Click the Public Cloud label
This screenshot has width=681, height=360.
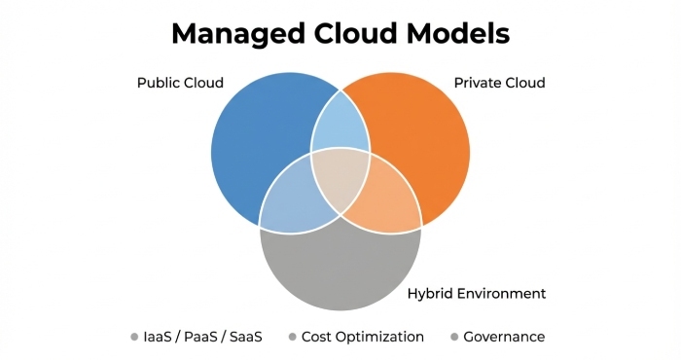tap(180, 83)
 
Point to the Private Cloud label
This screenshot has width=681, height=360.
tap(499, 83)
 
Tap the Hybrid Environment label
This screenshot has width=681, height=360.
tap(476, 293)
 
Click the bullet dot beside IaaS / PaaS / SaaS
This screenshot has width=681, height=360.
tap(134, 338)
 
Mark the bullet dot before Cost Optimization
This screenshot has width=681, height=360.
tap(292, 338)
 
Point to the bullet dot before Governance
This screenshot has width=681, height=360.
tap(453, 338)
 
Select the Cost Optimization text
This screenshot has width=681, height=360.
tap(363, 338)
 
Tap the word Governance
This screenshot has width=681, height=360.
tap(504, 338)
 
